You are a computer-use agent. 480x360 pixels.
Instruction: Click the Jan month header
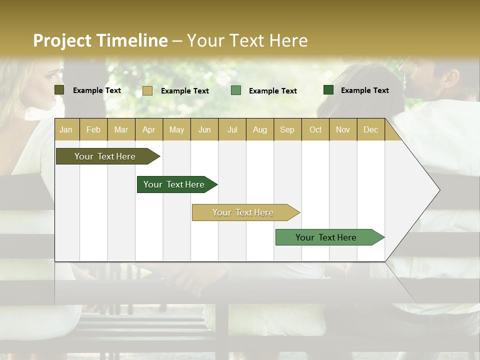66,129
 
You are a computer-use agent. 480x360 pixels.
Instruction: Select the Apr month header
148,129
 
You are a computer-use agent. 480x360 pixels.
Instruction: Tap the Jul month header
232,129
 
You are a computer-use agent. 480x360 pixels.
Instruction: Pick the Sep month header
287,129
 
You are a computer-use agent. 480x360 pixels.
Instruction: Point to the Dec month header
370,129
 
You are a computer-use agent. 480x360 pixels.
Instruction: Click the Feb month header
93,129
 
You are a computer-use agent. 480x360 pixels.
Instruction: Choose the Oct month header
315,129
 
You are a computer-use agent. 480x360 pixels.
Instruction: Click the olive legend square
59,90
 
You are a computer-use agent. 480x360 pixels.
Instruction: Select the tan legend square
147,90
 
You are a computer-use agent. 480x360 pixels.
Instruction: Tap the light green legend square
236,90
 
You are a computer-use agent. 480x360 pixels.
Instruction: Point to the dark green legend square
328,90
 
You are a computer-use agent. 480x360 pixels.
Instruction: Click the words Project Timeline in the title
100,40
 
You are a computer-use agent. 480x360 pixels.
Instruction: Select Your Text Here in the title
247,40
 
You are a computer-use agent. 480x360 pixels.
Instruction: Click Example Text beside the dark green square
364,90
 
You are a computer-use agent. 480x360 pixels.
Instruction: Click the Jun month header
204,129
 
